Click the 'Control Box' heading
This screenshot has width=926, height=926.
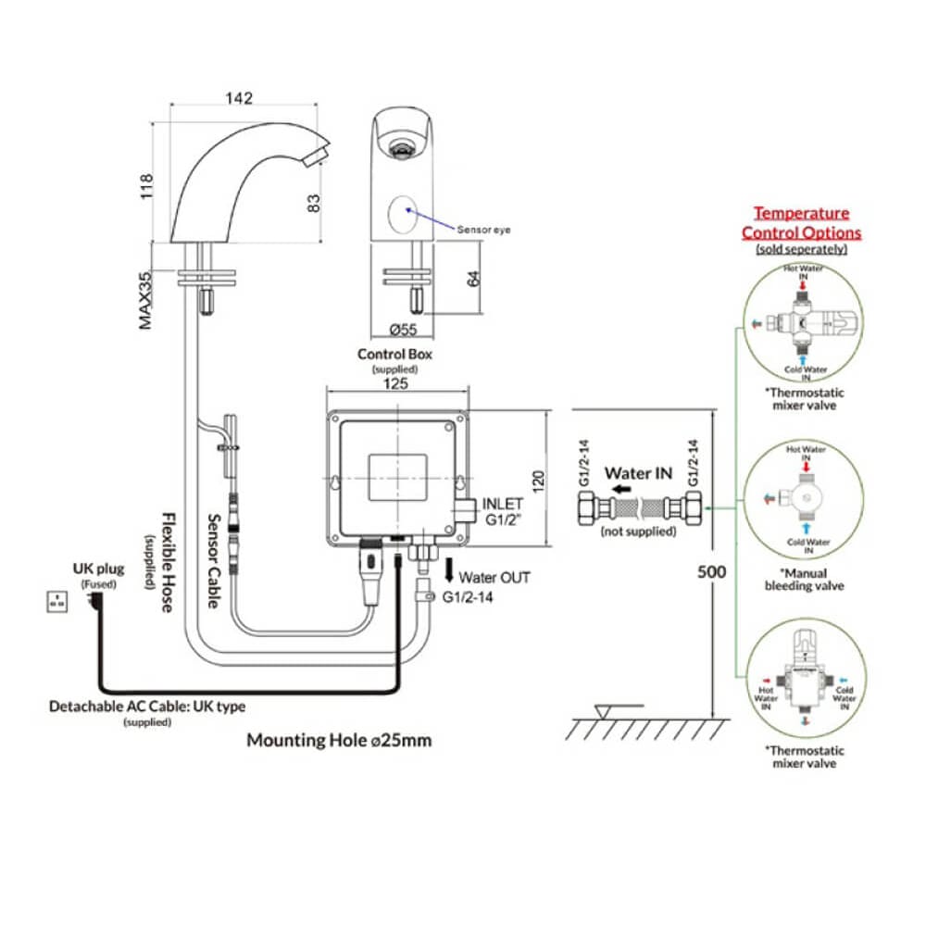tap(394, 354)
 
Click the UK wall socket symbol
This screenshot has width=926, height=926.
tap(56, 602)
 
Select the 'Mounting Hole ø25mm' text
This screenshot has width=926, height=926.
tap(339, 740)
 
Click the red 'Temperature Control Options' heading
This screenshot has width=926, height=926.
tap(801, 223)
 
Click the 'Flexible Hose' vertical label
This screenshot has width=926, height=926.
tap(168, 562)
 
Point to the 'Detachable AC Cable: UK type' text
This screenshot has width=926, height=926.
tap(147, 707)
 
